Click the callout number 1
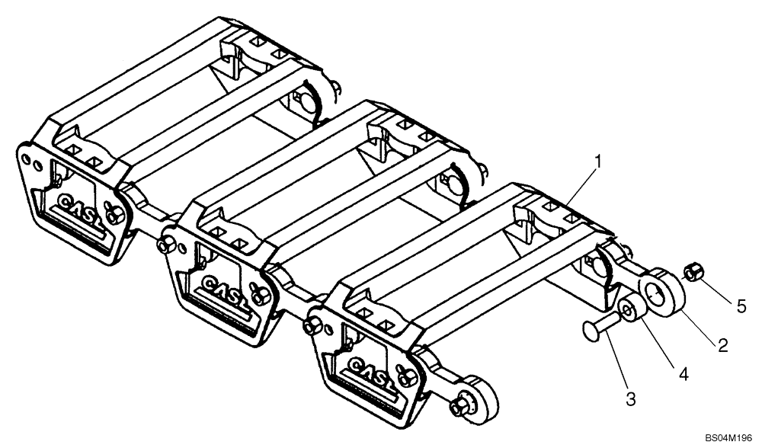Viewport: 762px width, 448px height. point(599,161)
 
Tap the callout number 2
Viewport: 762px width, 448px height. point(722,345)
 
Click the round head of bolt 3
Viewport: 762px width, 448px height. point(590,330)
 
